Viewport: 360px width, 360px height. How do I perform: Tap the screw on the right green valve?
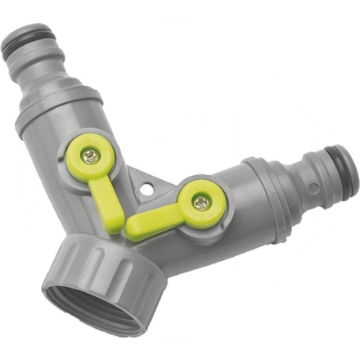(x=199, y=202)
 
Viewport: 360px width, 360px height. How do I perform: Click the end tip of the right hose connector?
(x=349, y=173)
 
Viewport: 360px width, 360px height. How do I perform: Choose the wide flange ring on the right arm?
(x=269, y=200)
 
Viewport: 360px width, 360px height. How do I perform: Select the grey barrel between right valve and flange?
(x=241, y=205)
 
